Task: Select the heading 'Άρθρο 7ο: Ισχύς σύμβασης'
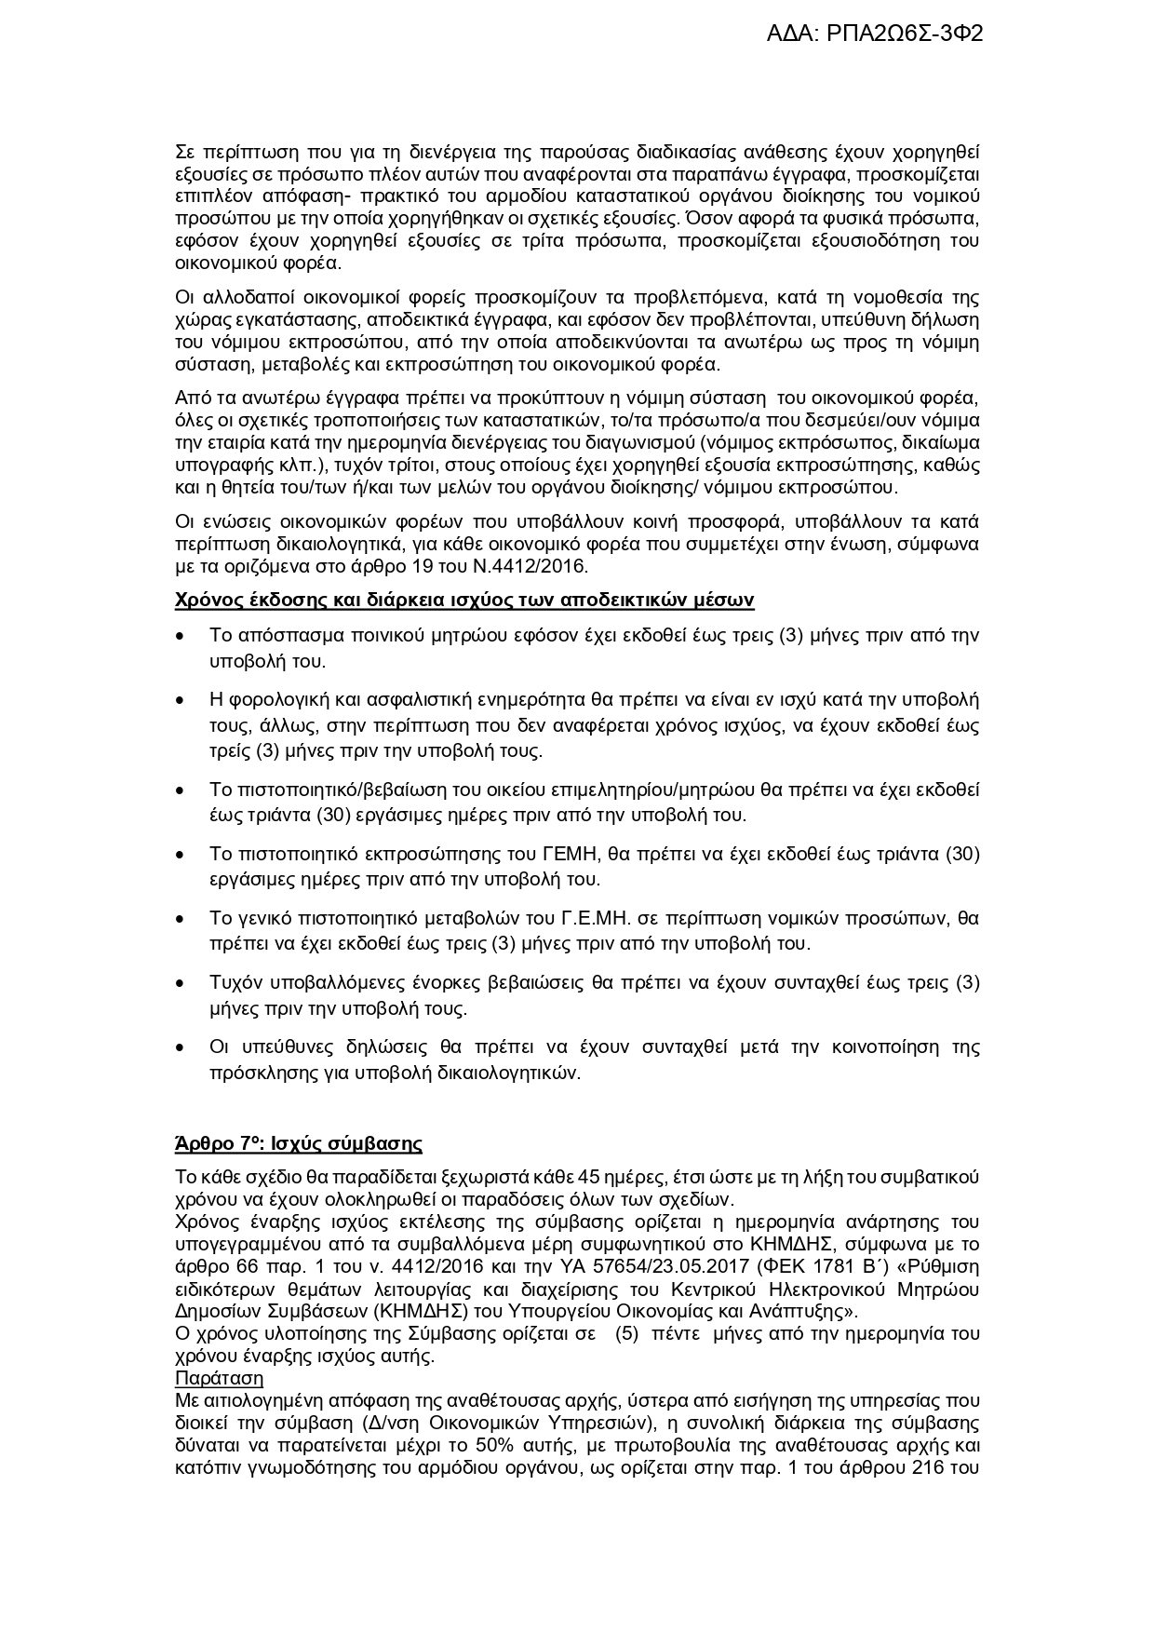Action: pos(298,1143)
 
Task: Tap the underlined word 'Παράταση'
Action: pos(219,1378)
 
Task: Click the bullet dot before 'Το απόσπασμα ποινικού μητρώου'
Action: pos(180,637)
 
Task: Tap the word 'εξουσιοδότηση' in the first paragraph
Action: pos(871,241)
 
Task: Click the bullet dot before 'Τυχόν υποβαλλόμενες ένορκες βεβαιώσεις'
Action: pos(180,983)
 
